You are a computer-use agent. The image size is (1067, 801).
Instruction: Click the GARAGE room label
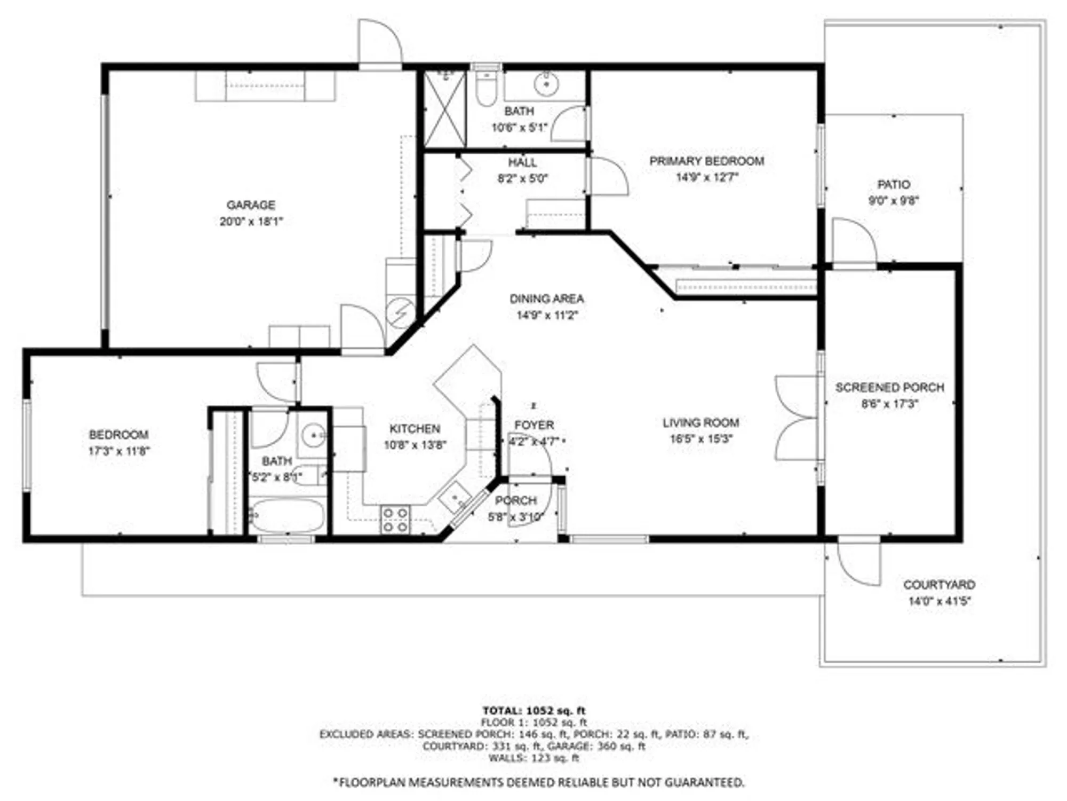click(251, 205)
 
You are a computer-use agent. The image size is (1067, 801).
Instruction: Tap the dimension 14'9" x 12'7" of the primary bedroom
click(706, 177)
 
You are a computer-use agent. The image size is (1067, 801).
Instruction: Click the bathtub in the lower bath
click(286, 516)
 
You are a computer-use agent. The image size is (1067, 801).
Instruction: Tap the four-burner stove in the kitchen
click(395, 520)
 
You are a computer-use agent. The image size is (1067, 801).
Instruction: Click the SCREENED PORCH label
click(889, 388)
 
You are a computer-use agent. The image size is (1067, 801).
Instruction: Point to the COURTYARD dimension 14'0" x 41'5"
click(939, 601)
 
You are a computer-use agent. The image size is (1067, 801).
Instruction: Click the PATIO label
click(894, 185)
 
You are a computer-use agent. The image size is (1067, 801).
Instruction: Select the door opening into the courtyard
click(858, 563)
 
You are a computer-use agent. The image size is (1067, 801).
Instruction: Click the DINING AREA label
click(546, 299)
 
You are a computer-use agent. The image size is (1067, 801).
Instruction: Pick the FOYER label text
click(533, 426)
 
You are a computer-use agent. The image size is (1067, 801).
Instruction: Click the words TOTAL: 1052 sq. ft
click(533, 711)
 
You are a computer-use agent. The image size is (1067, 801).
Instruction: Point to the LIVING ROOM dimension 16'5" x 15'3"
click(701, 439)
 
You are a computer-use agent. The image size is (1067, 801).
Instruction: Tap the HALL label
click(522, 162)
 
